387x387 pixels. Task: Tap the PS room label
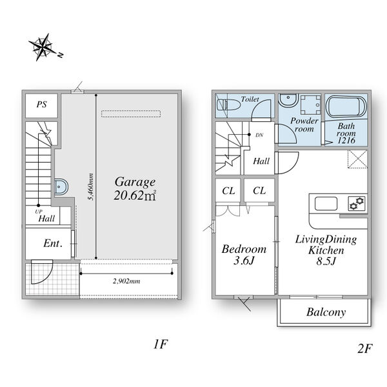tap(41, 104)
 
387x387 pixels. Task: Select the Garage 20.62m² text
tap(135, 188)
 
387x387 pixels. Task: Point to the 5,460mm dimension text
tap(91, 187)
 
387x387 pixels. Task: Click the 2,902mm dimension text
tap(126, 281)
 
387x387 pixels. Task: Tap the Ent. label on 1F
tap(53, 244)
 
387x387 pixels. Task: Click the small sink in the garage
tap(61, 186)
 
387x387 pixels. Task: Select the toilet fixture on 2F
tap(228, 105)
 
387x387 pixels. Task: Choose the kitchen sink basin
tap(326, 204)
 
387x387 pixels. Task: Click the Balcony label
tap(326, 312)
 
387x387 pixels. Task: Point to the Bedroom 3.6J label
tap(244, 255)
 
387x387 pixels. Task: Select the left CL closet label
tap(228, 191)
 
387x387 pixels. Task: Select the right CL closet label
tap(259, 190)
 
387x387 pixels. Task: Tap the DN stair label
tap(259, 135)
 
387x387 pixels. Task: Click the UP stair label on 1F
tap(39, 212)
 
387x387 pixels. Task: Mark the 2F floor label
tap(364, 349)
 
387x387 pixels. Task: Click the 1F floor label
tap(161, 344)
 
